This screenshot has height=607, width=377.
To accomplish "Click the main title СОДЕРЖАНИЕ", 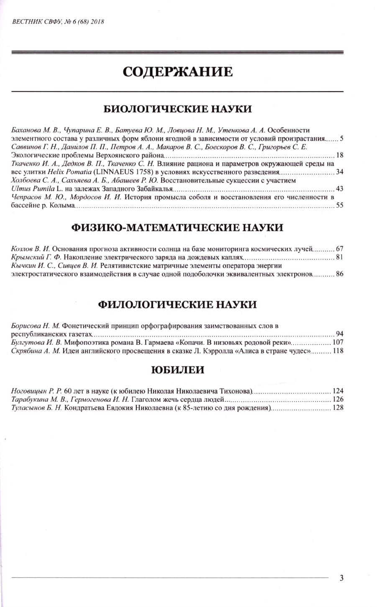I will [177, 72].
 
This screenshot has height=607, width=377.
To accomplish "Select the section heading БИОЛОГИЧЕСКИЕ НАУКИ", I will [177, 109].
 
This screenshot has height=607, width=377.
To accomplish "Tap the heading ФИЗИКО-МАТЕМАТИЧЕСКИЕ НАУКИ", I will [177, 228].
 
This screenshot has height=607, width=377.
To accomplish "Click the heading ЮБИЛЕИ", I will [177, 370].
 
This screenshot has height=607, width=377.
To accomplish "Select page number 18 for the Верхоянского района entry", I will [339, 155].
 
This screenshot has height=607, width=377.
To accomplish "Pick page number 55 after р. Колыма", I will [339, 206].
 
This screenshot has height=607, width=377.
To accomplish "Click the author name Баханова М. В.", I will [36, 130].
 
